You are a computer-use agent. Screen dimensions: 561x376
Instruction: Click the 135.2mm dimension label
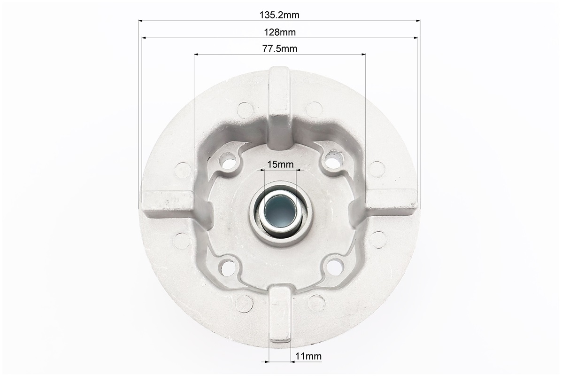[x=279, y=15]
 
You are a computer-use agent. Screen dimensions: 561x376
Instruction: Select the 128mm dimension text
[x=280, y=32]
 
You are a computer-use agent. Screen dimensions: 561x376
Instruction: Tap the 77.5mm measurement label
[x=280, y=49]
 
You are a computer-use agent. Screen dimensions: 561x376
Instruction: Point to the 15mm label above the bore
[x=281, y=164]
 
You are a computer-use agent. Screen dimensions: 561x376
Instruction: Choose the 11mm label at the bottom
[x=308, y=356]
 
